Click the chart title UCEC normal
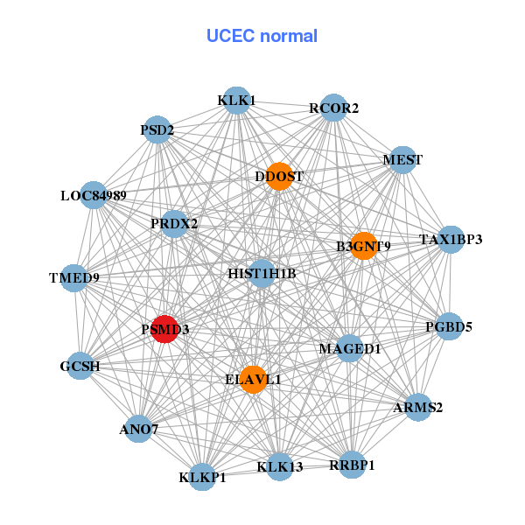pos(262,36)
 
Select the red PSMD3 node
pos(164,329)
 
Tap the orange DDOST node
pos(278,176)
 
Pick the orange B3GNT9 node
pos(363,246)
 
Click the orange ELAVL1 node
pos(253,380)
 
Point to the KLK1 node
pos(236,101)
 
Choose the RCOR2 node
pos(333,108)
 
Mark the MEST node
pos(402,160)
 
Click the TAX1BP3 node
pos(450,239)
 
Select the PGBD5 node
pos(449,327)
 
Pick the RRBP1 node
pos(351,465)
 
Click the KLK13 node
pos(280,466)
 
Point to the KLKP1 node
pos(203,477)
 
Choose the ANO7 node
pos(138,429)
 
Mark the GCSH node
pos(80,367)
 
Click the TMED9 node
pos(74,278)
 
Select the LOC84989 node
pos(94,195)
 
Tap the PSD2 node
pos(157,130)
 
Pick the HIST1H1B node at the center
pos(262,274)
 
